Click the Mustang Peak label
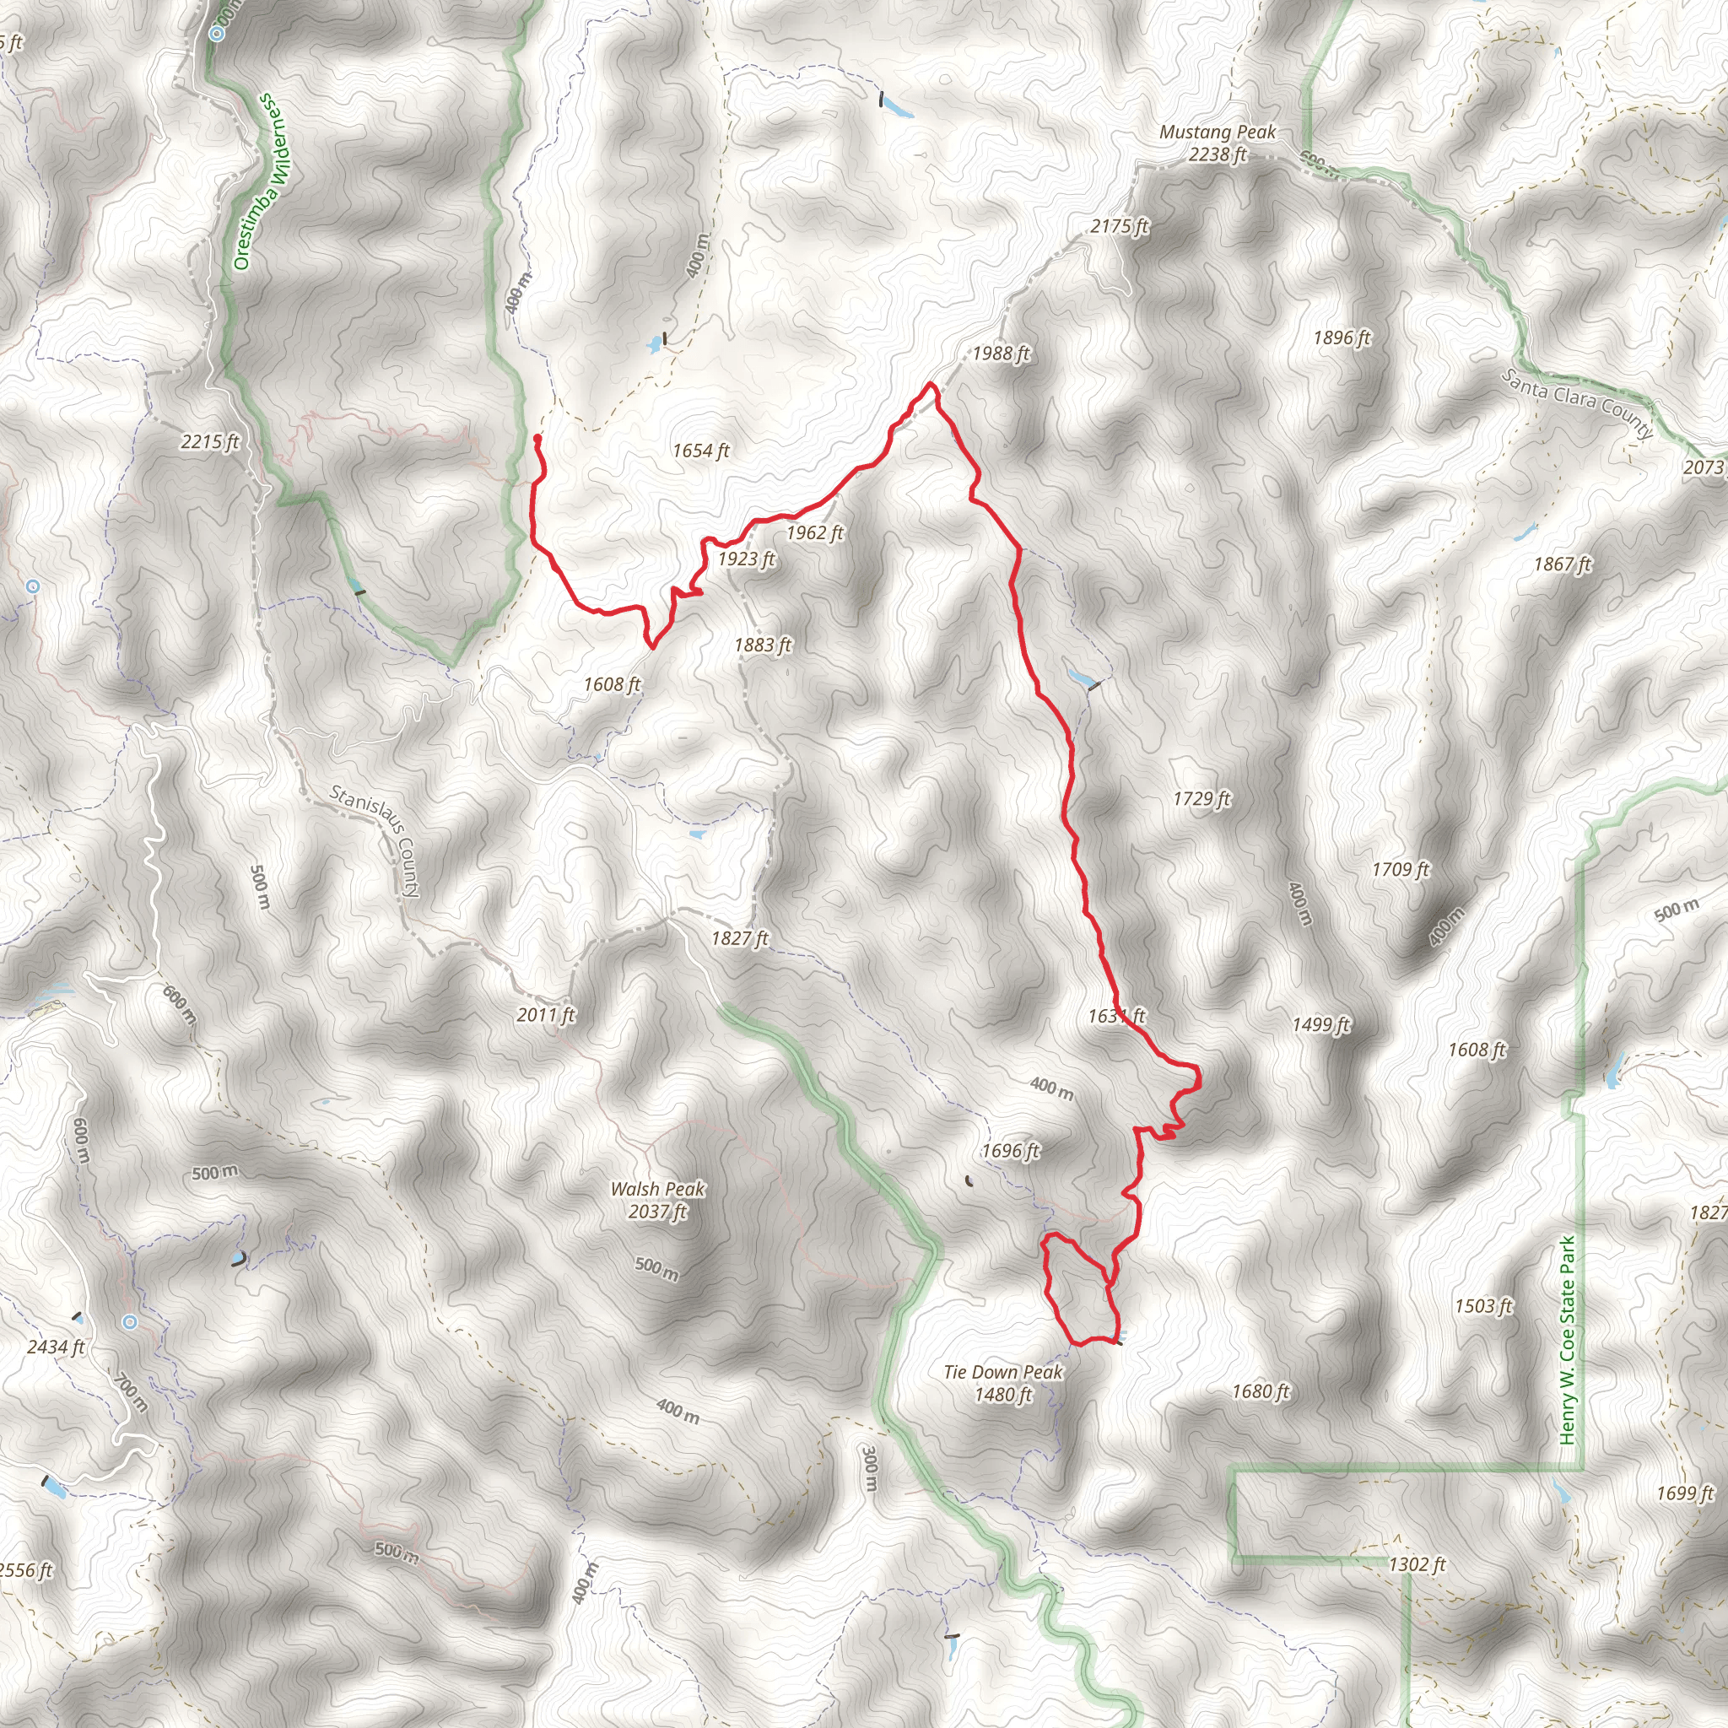(1218, 143)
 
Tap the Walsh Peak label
(657, 1201)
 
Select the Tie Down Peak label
(1002, 1383)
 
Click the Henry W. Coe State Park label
(1567, 1341)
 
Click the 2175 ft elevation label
(1119, 227)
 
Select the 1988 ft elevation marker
(1001, 354)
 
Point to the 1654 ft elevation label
(700, 451)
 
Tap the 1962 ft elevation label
(814, 533)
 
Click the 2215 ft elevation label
(210, 442)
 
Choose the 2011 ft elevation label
(546, 1015)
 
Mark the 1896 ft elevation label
(1342, 338)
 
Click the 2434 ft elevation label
(57, 1347)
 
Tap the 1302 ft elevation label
(1417, 1564)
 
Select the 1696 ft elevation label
(1010, 1151)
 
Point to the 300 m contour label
(869, 1468)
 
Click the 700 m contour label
(132, 1391)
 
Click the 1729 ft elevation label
(1201, 799)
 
